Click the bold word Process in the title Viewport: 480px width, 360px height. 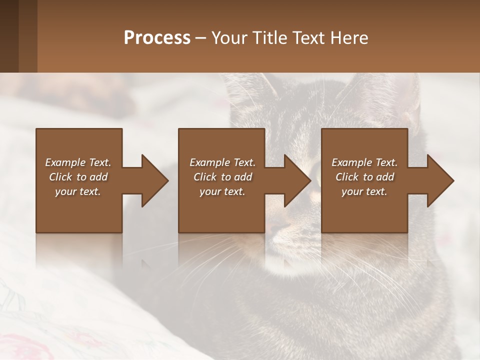pos(157,38)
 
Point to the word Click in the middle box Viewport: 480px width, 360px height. pos(204,177)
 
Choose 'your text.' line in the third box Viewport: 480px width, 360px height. pos(364,191)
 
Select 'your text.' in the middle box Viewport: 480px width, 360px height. pos(222,191)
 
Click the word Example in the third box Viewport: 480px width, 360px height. pos(350,162)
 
